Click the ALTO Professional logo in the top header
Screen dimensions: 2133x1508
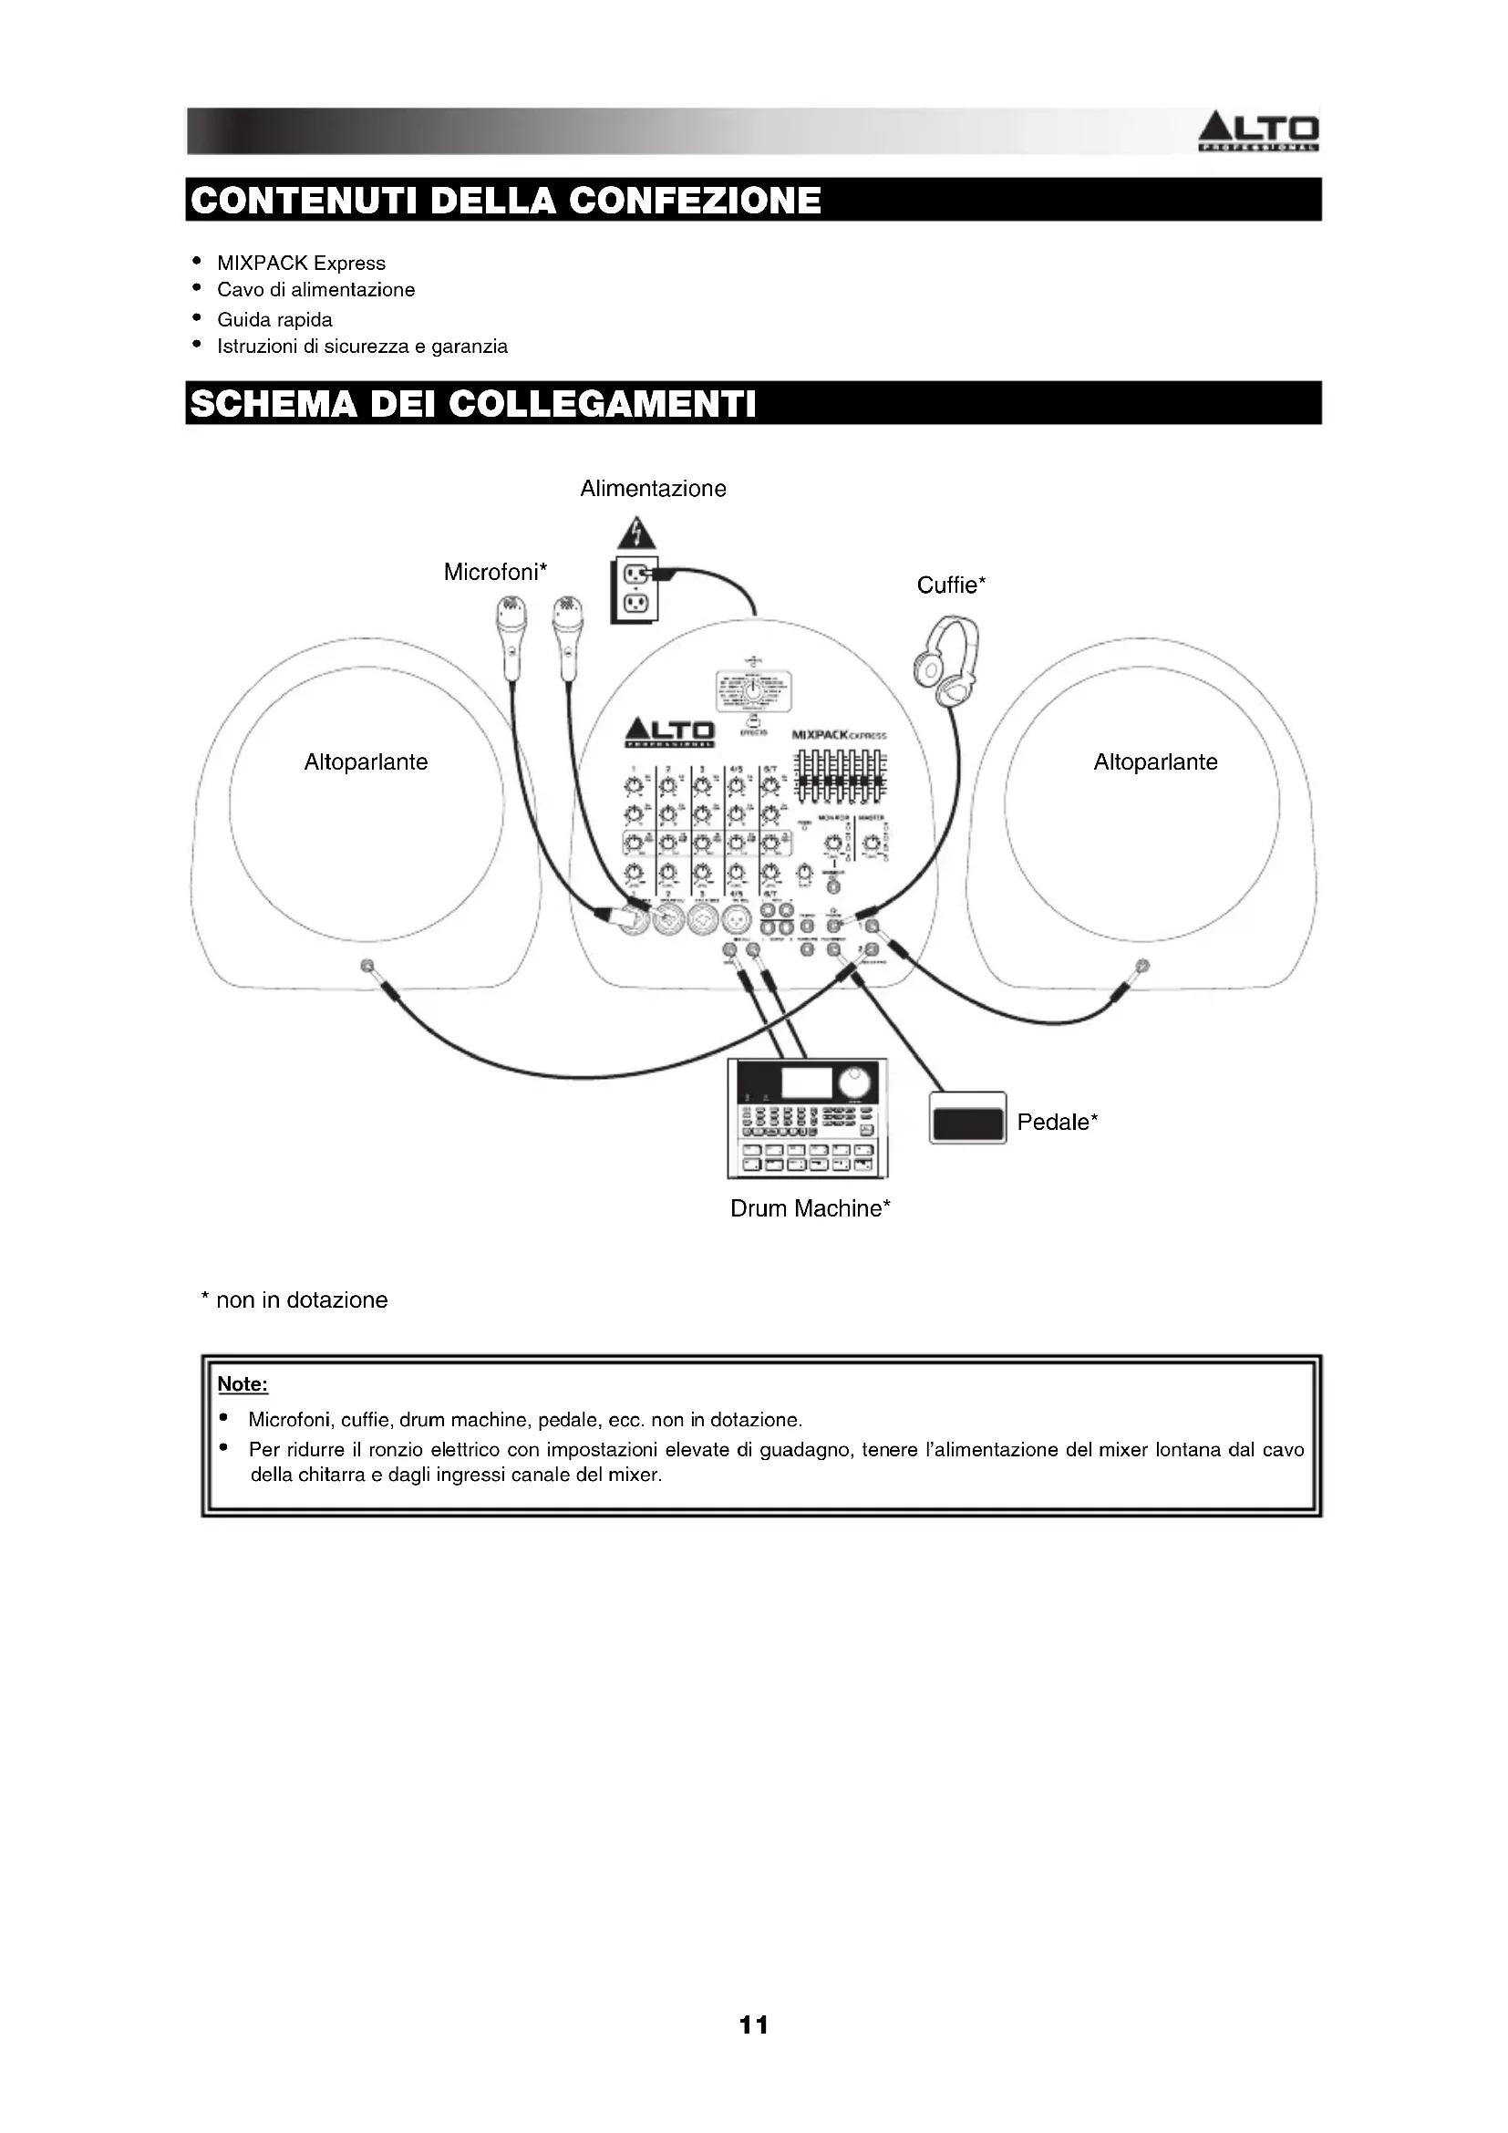(x=1258, y=131)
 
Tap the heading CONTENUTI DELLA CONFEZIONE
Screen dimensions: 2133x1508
(x=506, y=200)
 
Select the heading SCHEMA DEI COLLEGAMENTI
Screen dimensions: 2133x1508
(x=472, y=404)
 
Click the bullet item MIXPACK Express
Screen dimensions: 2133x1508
(x=301, y=263)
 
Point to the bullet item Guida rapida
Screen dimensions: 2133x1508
(x=274, y=319)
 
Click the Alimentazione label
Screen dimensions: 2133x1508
(x=653, y=489)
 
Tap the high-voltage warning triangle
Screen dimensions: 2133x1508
(x=635, y=533)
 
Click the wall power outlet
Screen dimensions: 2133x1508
(x=635, y=591)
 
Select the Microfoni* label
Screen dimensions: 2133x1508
(x=495, y=573)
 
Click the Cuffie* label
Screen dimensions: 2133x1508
(x=951, y=585)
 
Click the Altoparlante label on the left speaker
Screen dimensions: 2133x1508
(x=366, y=762)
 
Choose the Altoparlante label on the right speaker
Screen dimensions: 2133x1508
(x=1155, y=762)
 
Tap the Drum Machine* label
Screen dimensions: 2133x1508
(x=810, y=1208)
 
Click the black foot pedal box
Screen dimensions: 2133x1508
(x=967, y=1119)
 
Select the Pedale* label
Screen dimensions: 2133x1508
(x=1057, y=1123)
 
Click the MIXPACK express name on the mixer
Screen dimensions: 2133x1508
(x=839, y=735)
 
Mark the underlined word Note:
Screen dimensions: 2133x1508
(x=243, y=1384)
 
